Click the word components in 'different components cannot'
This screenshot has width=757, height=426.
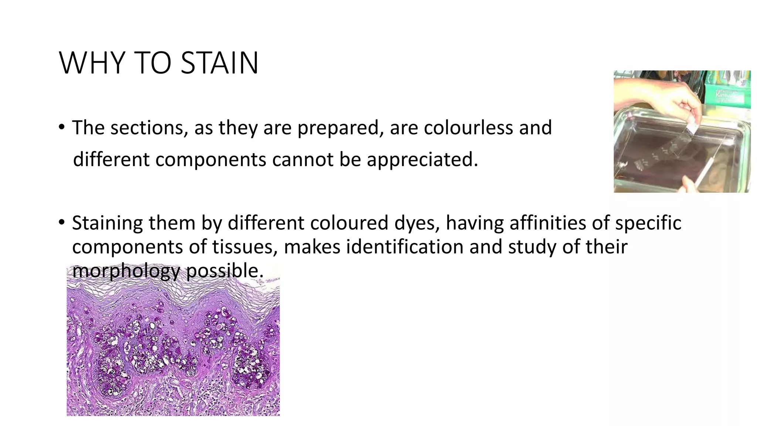[x=211, y=159]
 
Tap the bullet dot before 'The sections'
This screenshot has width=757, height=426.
[x=61, y=128]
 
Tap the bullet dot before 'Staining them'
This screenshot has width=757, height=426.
[x=61, y=223]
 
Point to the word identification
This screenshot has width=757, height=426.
[x=404, y=247]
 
